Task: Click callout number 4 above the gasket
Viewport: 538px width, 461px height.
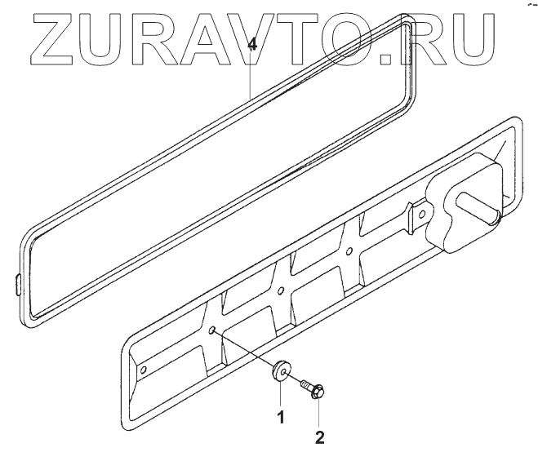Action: coord(252,45)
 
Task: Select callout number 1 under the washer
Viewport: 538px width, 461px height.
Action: coord(280,418)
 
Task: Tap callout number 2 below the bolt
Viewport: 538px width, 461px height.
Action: coord(320,437)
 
